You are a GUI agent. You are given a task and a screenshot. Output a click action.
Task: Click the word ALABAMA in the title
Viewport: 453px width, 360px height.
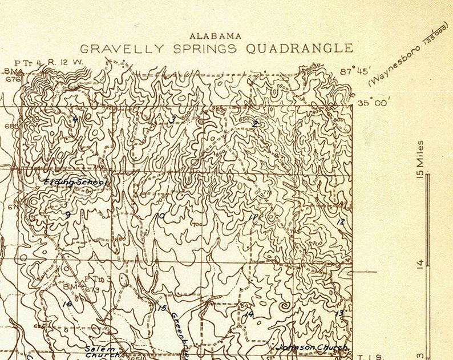(215, 36)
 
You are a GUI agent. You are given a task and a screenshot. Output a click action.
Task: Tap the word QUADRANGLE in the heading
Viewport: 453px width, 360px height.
(299, 48)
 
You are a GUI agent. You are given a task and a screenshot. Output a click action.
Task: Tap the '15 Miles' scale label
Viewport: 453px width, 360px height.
(420, 159)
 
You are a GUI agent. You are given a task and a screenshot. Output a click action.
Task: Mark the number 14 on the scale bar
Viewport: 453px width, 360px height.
(421, 263)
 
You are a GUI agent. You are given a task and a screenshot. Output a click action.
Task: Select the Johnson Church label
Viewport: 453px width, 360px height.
(312, 347)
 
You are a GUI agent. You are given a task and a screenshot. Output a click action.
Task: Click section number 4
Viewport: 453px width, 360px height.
(74, 119)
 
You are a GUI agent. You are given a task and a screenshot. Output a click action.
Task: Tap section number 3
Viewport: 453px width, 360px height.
(172, 119)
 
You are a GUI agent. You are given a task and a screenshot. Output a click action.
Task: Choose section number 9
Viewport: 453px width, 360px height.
(67, 215)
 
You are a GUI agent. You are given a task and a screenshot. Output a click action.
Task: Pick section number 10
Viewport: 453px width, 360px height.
(161, 216)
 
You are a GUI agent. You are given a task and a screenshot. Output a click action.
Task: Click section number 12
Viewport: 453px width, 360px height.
(341, 221)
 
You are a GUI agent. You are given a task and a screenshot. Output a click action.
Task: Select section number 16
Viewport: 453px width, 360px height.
(67, 304)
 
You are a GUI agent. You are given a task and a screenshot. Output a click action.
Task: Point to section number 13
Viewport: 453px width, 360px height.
(339, 313)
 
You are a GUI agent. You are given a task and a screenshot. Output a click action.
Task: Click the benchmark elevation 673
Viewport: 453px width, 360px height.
(94, 290)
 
